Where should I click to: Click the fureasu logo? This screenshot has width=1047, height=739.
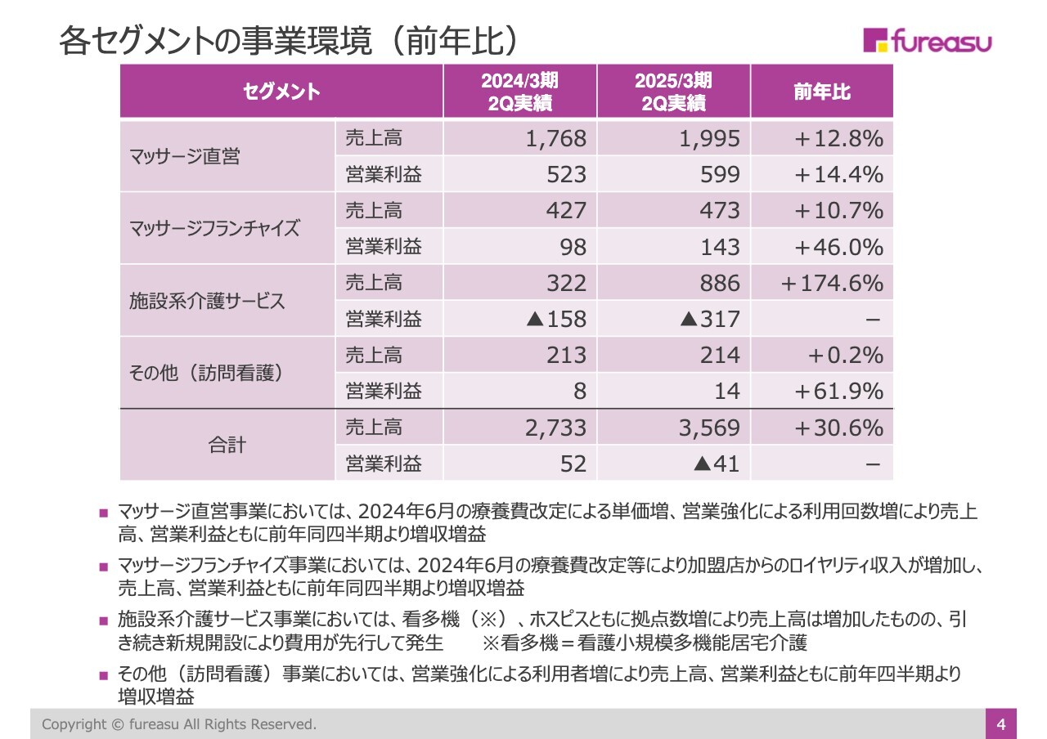[x=927, y=41]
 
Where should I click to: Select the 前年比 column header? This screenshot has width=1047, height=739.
[x=821, y=92]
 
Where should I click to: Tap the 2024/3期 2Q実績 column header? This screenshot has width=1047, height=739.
[x=519, y=92]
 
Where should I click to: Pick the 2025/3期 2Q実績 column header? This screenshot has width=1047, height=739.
[x=673, y=92]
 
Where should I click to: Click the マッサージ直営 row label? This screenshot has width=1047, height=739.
[x=185, y=157]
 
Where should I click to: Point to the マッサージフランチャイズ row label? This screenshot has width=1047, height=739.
[x=214, y=228]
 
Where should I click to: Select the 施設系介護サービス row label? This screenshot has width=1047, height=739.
[x=207, y=301]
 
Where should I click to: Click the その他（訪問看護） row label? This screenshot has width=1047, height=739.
[x=207, y=373]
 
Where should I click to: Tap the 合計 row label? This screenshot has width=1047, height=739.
[x=227, y=446]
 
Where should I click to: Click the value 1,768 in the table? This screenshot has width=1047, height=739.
[x=555, y=139]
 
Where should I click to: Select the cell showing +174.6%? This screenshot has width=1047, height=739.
[x=831, y=283]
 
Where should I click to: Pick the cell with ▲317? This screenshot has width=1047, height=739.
[x=709, y=319]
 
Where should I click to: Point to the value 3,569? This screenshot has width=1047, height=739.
[x=709, y=428]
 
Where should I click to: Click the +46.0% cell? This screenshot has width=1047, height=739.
[x=838, y=247]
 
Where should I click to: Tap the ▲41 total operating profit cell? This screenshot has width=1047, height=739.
[x=716, y=464]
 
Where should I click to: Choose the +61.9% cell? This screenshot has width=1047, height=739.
[x=838, y=392]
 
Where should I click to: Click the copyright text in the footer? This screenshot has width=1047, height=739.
[x=179, y=724]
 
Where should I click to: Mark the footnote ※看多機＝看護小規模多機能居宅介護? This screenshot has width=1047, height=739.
[x=645, y=643]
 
